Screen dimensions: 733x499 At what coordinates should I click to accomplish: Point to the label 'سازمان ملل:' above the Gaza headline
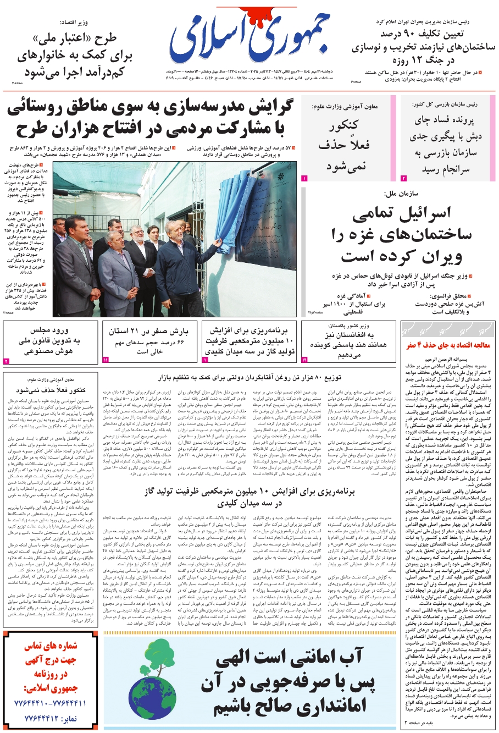pyautogui.click(x=402, y=194)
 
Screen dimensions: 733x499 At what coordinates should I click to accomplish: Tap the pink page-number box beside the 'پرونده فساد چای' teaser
pyautogui.click(x=403, y=178)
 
